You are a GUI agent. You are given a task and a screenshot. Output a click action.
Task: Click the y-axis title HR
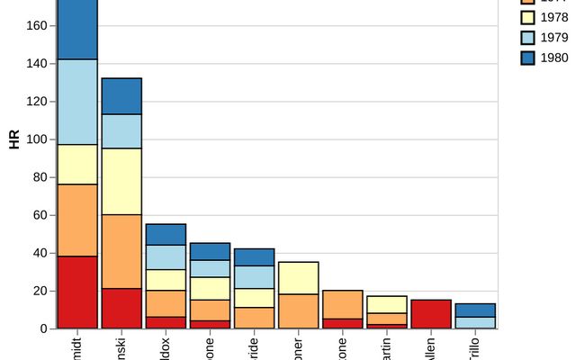click(13, 139)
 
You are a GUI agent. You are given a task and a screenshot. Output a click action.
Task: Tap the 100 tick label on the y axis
click(36, 139)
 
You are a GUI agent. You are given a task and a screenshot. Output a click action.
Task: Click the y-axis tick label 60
click(40, 215)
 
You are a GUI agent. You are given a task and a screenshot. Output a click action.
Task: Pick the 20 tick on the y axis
click(40, 291)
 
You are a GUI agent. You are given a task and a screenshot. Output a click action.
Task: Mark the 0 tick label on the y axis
click(43, 328)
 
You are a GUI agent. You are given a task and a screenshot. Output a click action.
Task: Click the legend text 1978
click(554, 17)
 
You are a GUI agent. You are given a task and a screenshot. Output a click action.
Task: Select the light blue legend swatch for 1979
click(528, 37)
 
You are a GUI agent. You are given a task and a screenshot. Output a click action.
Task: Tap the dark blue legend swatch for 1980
click(528, 58)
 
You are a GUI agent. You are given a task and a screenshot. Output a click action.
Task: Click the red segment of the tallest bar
click(77, 292)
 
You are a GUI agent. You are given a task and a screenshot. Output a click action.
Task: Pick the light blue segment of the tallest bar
click(77, 102)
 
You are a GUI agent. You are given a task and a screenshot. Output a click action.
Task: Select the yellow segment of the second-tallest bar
click(121, 181)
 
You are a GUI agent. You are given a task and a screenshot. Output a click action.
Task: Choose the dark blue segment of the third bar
click(166, 234)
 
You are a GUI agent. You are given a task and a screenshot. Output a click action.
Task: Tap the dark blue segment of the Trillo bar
click(474, 310)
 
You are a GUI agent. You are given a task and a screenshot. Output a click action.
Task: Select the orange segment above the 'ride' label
click(254, 318)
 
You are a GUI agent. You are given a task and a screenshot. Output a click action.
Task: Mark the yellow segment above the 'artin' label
click(386, 304)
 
